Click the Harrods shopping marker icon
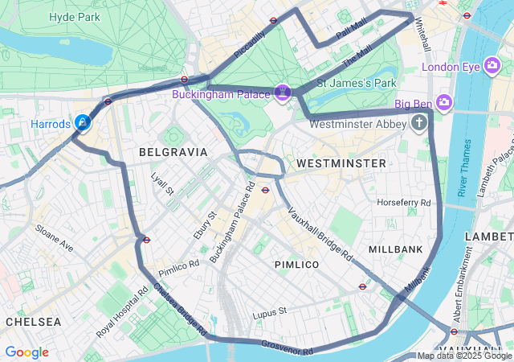click(x=83, y=122)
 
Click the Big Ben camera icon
click(x=444, y=102)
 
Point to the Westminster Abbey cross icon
click(x=418, y=123)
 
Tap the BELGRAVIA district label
click(x=173, y=151)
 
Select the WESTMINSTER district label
click(x=341, y=163)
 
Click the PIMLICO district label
click(x=296, y=264)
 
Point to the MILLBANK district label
click(x=395, y=249)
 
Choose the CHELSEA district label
click(x=33, y=321)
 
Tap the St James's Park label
click(x=357, y=83)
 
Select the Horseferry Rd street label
click(x=404, y=202)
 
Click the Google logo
click(x=27, y=352)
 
